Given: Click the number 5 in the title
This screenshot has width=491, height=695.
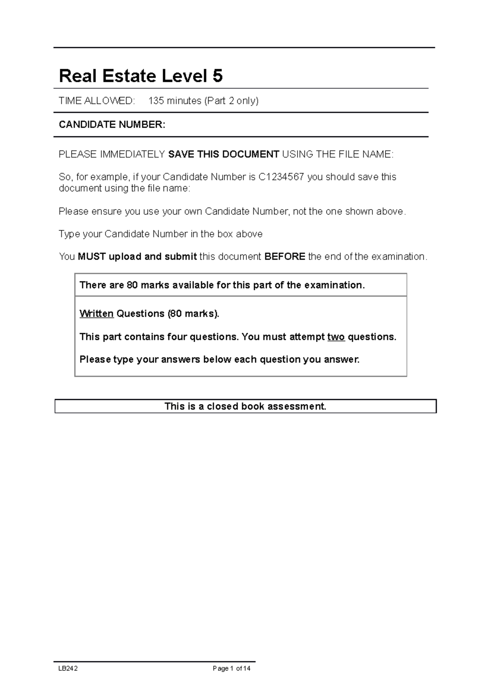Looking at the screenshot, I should click(x=217, y=76).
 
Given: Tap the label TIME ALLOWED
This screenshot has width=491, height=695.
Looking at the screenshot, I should click(x=97, y=101).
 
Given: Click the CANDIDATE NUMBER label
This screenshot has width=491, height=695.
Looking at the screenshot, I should click(x=112, y=125).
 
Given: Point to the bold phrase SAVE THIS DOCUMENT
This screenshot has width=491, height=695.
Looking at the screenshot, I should click(x=224, y=154).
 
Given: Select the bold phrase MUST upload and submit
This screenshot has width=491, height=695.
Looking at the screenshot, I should click(x=137, y=257).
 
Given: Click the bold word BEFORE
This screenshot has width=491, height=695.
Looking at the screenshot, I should click(x=285, y=257).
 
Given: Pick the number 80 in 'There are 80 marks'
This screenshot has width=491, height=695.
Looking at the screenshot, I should click(x=132, y=285).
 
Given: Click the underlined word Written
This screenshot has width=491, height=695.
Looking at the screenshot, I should click(x=96, y=314).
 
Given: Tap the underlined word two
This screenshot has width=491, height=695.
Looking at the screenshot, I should click(x=336, y=337).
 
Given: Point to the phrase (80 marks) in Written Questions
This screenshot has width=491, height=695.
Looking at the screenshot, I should click(x=193, y=314).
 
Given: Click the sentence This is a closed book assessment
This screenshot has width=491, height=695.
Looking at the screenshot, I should click(x=245, y=406).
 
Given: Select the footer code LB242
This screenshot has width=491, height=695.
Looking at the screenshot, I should click(x=68, y=668).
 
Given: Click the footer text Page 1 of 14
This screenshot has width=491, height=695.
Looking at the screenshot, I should click(x=232, y=668).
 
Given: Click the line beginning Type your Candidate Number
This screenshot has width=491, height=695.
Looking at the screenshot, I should click(x=160, y=234).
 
